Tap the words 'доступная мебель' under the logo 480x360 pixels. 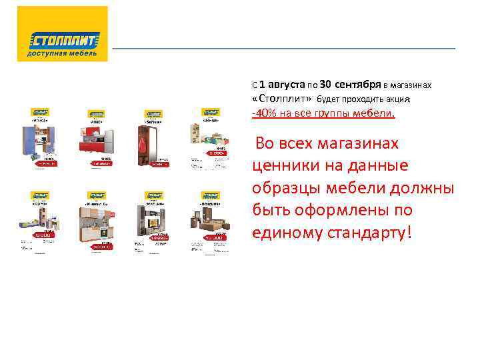[62, 53]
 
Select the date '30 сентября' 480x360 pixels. [350, 85]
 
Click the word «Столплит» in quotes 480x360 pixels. [282, 99]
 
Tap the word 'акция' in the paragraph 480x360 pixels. [398, 99]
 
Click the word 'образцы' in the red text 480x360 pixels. [287, 188]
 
